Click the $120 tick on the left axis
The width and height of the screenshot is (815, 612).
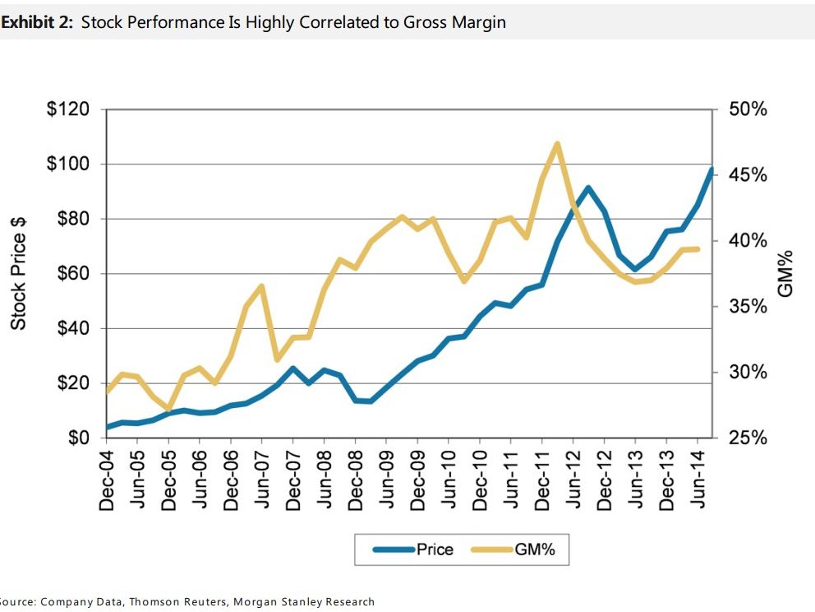(x=74, y=109)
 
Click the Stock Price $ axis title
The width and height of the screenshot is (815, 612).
(x=18, y=274)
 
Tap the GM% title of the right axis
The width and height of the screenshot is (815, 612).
(x=785, y=274)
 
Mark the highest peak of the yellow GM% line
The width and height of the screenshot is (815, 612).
(x=558, y=144)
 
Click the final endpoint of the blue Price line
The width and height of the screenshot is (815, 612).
(x=711, y=169)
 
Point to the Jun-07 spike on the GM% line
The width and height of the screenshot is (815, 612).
(x=261, y=286)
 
